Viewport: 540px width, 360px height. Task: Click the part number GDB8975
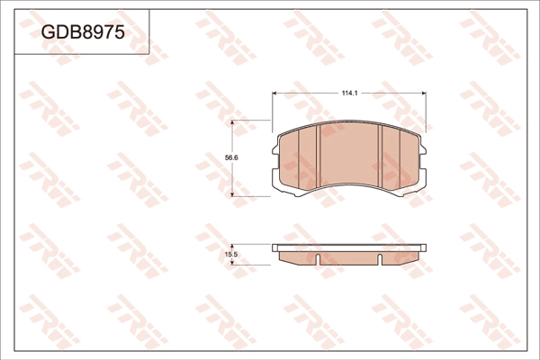pos(83,32)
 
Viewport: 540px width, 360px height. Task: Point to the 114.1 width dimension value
pos(350,93)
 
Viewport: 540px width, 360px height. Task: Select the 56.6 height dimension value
pos(232,157)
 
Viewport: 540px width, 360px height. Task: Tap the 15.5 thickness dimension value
pos(231,255)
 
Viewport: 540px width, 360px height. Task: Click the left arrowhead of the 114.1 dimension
pos(274,93)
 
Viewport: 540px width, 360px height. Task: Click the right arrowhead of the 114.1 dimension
pos(424,93)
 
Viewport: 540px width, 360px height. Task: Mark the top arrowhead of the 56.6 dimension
pos(232,122)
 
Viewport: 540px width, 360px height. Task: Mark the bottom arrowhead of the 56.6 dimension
pos(232,194)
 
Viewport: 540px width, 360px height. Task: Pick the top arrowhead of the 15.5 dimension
pos(232,247)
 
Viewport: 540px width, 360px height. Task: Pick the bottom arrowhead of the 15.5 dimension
pos(232,263)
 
